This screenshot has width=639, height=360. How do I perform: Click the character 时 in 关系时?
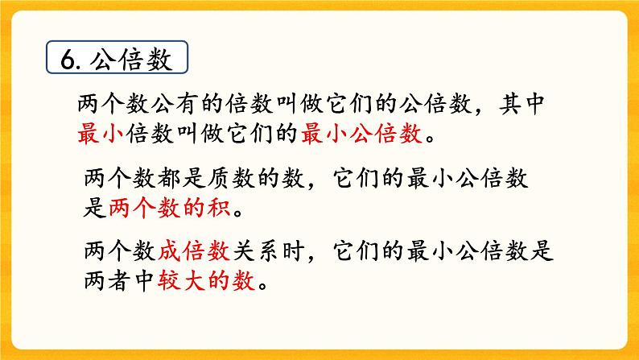tap(287, 251)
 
